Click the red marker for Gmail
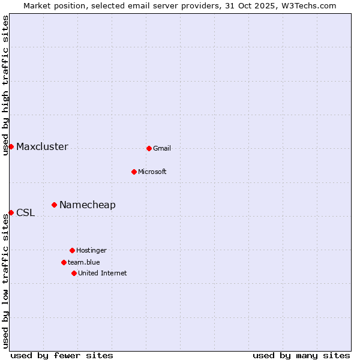tap(149, 148)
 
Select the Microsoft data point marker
tap(134, 172)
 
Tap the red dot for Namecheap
tap(54, 205)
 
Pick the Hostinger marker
tap(72, 250)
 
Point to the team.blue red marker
tap(64, 262)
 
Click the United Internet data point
tap(74, 273)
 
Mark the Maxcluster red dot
tap(11, 146)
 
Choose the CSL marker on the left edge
tap(11, 212)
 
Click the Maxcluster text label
tap(42, 147)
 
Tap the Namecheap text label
tap(88, 205)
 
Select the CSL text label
tap(25, 213)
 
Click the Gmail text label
tap(162, 149)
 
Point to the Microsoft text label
tap(152, 172)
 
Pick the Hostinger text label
tap(91, 251)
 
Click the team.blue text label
tap(84, 263)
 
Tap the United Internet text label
tap(102, 274)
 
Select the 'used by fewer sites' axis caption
tap(62, 355)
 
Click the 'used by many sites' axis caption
tap(301, 355)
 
